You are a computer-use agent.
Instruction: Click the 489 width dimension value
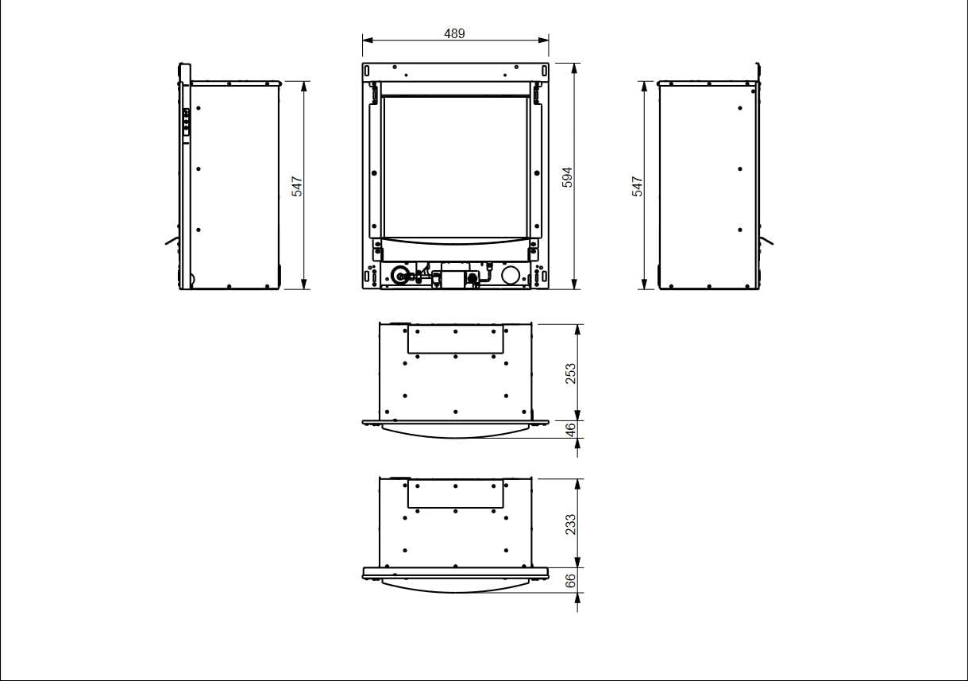pyautogui.click(x=454, y=33)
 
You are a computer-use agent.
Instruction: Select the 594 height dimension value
pyautogui.click(x=567, y=177)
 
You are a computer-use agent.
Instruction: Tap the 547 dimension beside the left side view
pyautogui.click(x=297, y=187)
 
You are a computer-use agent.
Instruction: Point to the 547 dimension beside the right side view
pyautogui.click(x=637, y=187)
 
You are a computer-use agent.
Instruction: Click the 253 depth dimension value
pyautogui.click(x=570, y=373)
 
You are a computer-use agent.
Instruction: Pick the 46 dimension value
pyautogui.click(x=570, y=430)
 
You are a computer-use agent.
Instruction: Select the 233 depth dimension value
pyautogui.click(x=570, y=524)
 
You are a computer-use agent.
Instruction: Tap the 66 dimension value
pyautogui.click(x=570, y=581)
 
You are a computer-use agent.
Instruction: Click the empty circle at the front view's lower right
pyautogui.click(x=511, y=275)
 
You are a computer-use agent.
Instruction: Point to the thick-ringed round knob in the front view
pyautogui.click(x=399, y=275)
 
